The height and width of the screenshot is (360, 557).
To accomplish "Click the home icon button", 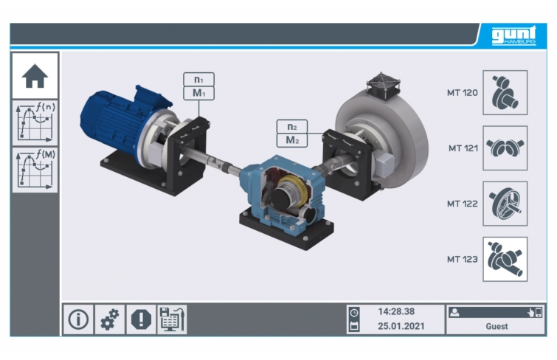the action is pos(35,76).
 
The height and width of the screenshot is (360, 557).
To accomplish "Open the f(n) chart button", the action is pos(35,123).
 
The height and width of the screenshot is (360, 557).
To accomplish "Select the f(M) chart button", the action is pos(35,170).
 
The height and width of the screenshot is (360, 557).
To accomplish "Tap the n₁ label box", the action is pos(198,79).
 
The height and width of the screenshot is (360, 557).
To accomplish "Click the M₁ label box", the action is pos(198,93).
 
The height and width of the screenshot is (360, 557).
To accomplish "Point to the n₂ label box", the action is pos(292,126).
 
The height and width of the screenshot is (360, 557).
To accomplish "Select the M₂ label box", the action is pos(292,140).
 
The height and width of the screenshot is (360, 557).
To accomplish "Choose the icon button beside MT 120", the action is pos(505,92).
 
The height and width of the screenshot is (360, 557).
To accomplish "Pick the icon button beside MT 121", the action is pos(505,148).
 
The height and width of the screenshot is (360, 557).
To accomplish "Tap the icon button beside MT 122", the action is pos(505,204).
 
